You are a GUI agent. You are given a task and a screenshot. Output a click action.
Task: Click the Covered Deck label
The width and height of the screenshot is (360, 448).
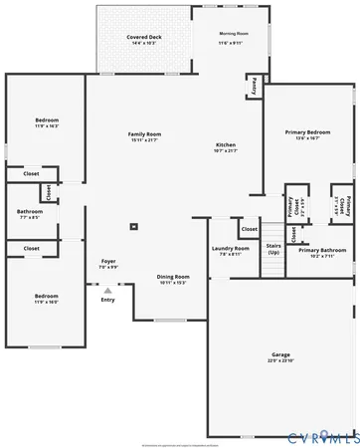coord(143,37)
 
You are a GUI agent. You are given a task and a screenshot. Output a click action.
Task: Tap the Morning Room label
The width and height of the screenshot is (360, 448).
coord(234,34)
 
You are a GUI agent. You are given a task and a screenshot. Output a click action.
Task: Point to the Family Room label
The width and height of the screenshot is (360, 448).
coord(144,133)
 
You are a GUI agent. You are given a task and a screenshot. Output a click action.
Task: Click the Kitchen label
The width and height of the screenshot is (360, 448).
coord(226,144)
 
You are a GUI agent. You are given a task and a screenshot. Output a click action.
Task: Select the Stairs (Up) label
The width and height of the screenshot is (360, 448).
coord(273,250)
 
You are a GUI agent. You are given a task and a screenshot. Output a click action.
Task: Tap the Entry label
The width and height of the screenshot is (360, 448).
coord(107,299)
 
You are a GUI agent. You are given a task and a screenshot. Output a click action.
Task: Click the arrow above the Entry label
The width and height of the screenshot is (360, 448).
coord(107,290)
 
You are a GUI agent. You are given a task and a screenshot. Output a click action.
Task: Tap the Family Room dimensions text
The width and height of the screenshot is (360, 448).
coord(144,140)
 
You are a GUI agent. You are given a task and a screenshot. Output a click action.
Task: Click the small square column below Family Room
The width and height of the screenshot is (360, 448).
coord(137,225)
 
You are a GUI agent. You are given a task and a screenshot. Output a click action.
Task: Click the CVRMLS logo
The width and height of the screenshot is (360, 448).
coord(322,437)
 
